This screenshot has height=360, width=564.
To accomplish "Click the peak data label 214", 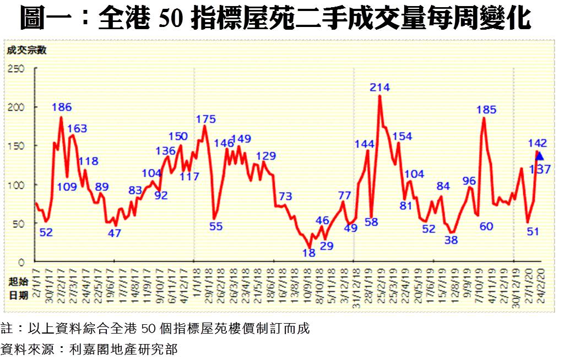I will pyautogui.click(x=380, y=87).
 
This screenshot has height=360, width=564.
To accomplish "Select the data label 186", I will pyautogui.click(x=62, y=107).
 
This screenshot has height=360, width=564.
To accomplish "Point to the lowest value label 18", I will pyautogui.click(x=309, y=253).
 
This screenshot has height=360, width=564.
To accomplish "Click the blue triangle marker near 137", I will pyautogui.click(x=539, y=156).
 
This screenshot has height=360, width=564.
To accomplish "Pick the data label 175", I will pyautogui.click(x=205, y=119).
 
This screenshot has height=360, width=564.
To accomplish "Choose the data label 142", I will pyautogui.click(x=537, y=143).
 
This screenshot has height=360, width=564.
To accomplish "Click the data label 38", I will pyautogui.click(x=451, y=240).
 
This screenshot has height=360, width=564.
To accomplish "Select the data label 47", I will pyautogui.click(x=114, y=233).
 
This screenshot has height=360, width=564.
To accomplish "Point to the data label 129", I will pyautogui.click(x=266, y=155).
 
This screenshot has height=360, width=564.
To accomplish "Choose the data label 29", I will pyautogui.click(x=327, y=246).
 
